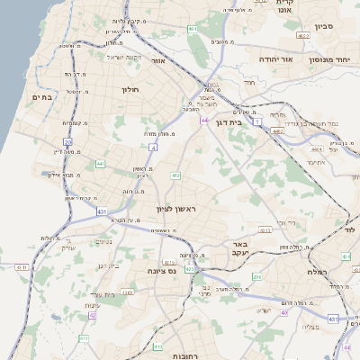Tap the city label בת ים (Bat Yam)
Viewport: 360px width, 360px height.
coord(43,96)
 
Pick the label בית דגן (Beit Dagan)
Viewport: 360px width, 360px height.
coord(231,121)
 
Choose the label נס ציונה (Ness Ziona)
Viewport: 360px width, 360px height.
coord(168,269)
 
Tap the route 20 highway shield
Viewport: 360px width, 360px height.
coord(67,142)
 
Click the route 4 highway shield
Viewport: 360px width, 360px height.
coord(154,146)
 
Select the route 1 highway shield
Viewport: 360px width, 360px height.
coord(256,121)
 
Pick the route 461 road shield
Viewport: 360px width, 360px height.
coord(193,30)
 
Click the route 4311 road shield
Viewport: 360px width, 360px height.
coord(333,319)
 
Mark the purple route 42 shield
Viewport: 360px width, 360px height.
coord(92,316)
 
